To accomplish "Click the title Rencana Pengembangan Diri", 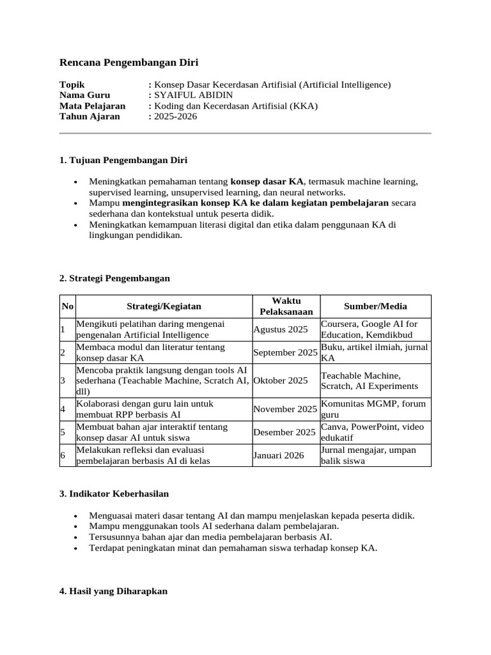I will click(129, 62).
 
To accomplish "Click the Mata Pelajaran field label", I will click(92, 106).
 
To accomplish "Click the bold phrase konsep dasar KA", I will click(267, 182).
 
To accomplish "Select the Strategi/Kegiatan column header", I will click(164, 306).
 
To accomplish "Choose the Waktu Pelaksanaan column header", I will click(286, 306).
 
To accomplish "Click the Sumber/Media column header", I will click(375, 306).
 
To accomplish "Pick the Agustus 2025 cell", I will click(281, 329).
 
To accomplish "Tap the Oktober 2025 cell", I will click(281, 381).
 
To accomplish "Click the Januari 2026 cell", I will click(279, 455).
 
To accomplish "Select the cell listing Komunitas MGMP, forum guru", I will click(373, 409).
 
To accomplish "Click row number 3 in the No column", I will click(63, 381).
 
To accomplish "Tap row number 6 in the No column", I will click(63, 455).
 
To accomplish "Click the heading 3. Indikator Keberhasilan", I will click(114, 494).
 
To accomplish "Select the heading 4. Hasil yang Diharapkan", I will click(113, 592).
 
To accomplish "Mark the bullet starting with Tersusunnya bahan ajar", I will click(210, 537).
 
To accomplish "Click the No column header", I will click(67, 306).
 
